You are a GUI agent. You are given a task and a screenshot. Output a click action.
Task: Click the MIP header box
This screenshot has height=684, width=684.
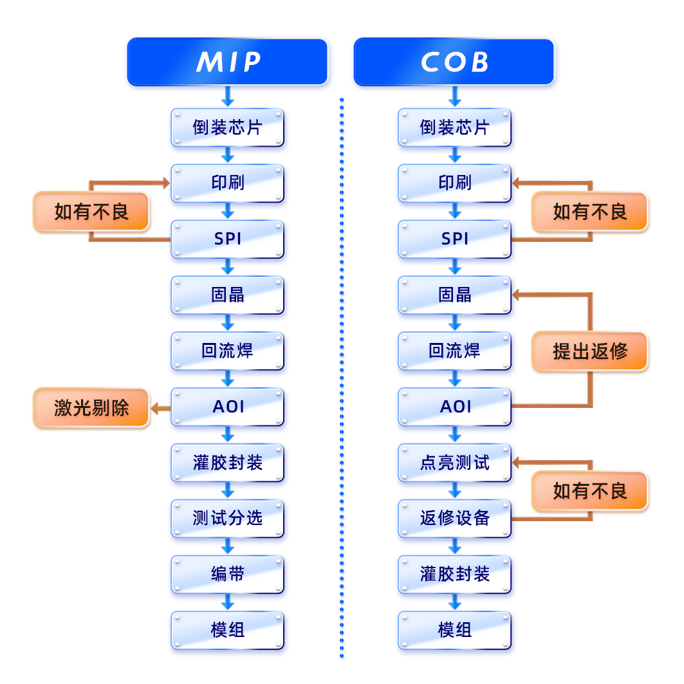(228, 62)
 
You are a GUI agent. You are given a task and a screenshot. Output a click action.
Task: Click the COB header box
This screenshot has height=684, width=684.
(454, 62)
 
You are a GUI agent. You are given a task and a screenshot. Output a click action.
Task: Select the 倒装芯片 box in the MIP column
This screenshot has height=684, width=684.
(228, 127)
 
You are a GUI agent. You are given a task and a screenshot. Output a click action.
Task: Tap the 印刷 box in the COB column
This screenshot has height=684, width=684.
(454, 183)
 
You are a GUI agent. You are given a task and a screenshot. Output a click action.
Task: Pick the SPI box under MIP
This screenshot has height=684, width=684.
(228, 239)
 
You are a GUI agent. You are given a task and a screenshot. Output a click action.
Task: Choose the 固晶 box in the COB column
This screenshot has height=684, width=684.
(454, 295)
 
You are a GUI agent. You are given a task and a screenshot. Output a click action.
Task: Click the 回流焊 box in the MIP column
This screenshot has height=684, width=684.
(228, 351)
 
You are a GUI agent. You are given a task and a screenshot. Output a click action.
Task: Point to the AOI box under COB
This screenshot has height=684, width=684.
(454, 407)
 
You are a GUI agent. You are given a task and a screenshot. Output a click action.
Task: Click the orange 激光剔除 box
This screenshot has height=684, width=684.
(91, 407)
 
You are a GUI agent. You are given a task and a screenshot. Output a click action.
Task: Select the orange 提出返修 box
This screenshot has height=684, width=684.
(590, 351)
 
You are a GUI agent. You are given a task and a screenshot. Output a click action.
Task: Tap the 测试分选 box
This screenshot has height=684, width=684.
(228, 519)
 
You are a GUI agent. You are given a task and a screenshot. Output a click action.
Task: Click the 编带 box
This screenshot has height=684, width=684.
(228, 575)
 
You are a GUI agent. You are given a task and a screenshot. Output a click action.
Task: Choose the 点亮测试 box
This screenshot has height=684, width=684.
(454, 463)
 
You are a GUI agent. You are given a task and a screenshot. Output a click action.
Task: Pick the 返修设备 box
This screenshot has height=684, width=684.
(454, 519)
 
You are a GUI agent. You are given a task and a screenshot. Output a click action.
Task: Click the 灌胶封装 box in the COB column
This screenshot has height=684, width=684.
(454, 575)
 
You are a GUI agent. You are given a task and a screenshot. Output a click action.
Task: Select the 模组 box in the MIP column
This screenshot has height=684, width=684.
(228, 631)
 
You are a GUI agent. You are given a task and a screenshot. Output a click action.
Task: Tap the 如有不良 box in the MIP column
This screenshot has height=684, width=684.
(91, 212)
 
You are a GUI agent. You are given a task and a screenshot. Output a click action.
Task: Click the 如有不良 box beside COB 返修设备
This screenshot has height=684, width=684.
(590, 491)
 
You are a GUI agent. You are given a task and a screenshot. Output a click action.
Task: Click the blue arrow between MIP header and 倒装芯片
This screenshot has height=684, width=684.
(228, 97)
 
